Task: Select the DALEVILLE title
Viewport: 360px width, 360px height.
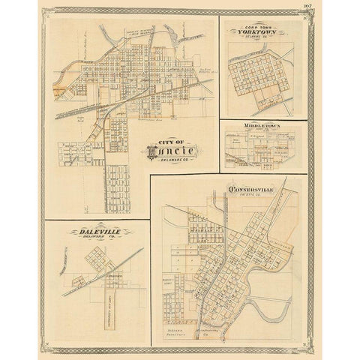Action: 101,232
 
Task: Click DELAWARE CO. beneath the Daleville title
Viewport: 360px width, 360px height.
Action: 101,240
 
